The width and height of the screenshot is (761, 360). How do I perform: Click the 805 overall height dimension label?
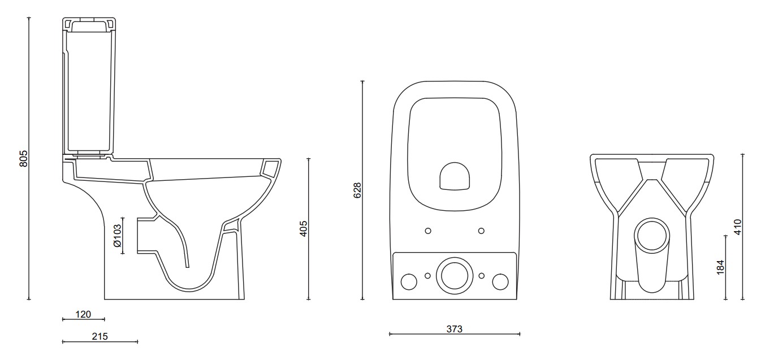[x=23, y=158]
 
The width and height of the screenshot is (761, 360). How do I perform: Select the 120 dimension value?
[x=83, y=314]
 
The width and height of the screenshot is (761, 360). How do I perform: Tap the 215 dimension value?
[x=100, y=336]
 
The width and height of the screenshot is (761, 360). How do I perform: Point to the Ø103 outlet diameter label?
[x=117, y=235]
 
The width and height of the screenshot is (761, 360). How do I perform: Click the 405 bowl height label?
[x=304, y=228]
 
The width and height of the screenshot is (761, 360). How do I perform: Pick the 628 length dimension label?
[x=357, y=190]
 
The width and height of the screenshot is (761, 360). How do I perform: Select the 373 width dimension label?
[x=454, y=329]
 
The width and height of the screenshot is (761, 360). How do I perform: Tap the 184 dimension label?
[x=720, y=267]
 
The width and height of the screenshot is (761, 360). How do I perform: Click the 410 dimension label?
[x=737, y=227]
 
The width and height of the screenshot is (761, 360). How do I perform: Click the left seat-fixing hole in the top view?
[x=428, y=231]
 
